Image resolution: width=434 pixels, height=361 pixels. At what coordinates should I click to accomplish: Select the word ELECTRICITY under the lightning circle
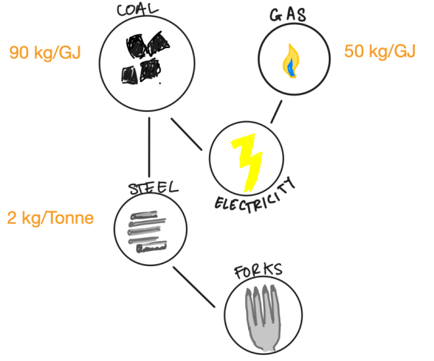pyautogui.click(x=255, y=194)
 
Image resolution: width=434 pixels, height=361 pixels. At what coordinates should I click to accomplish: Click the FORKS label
pyautogui.click(x=258, y=271)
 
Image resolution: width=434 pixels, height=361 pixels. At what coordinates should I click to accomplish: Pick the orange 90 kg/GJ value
pyautogui.click(x=45, y=53)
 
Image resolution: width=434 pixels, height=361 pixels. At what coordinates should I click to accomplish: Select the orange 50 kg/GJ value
pyautogui.click(x=380, y=51)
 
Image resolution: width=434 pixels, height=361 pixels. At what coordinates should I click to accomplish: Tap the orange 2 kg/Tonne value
pyautogui.click(x=50, y=218)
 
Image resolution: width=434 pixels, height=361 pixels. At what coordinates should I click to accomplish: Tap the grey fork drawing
pyautogui.click(x=261, y=316)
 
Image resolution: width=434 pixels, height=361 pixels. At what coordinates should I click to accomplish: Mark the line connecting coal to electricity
pyautogui.click(x=187, y=133)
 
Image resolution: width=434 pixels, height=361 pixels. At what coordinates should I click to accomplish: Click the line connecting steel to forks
pyautogui.click(x=194, y=287)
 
